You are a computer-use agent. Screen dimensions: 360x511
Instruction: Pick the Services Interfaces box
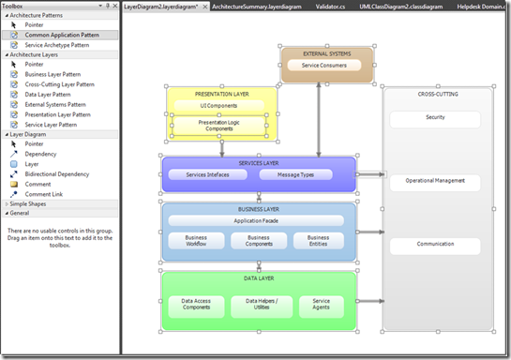[x=207, y=174]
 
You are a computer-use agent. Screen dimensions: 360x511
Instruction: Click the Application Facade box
[x=258, y=220]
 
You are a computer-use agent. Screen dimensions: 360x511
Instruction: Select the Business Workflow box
[x=195, y=242]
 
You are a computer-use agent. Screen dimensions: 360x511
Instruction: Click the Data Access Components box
[x=195, y=305]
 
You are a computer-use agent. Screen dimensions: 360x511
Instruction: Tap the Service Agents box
[x=321, y=305]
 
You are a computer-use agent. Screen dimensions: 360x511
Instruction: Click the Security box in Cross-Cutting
[x=434, y=119]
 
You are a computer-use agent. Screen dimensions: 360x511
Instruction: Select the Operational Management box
[x=434, y=181]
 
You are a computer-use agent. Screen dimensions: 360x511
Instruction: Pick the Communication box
[x=434, y=246]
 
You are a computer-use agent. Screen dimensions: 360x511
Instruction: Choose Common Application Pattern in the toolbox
[x=64, y=35]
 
